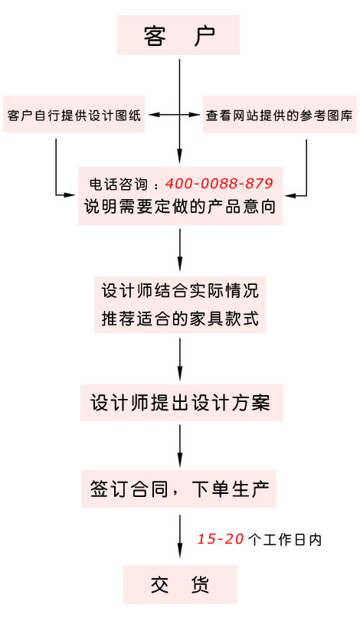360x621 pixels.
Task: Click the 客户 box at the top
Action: tap(178, 35)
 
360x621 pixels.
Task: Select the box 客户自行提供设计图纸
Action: tap(74, 114)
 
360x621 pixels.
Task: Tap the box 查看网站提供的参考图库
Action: tap(280, 114)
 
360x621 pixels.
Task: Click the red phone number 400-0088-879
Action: tap(219, 183)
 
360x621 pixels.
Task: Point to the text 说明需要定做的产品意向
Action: tap(180, 206)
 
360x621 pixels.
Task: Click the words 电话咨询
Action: tap(119, 185)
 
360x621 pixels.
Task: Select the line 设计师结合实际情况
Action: tap(180, 291)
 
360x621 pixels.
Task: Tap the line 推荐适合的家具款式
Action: tap(180, 319)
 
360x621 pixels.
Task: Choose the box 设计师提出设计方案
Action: tap(182, 402)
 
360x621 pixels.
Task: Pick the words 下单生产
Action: tap(231, 489)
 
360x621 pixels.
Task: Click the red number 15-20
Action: tap(220, 538)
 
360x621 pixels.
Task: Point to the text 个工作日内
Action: tap(285, 539)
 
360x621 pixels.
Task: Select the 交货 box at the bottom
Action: tap(180, 584)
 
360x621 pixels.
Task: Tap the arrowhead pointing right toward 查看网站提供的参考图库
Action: tap(195, 115)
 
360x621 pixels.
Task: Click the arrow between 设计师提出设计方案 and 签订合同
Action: tap(180, 446)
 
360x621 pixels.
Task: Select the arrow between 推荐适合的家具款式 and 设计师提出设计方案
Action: tap(180, 359)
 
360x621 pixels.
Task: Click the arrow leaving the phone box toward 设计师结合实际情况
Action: tap(180, 250)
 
